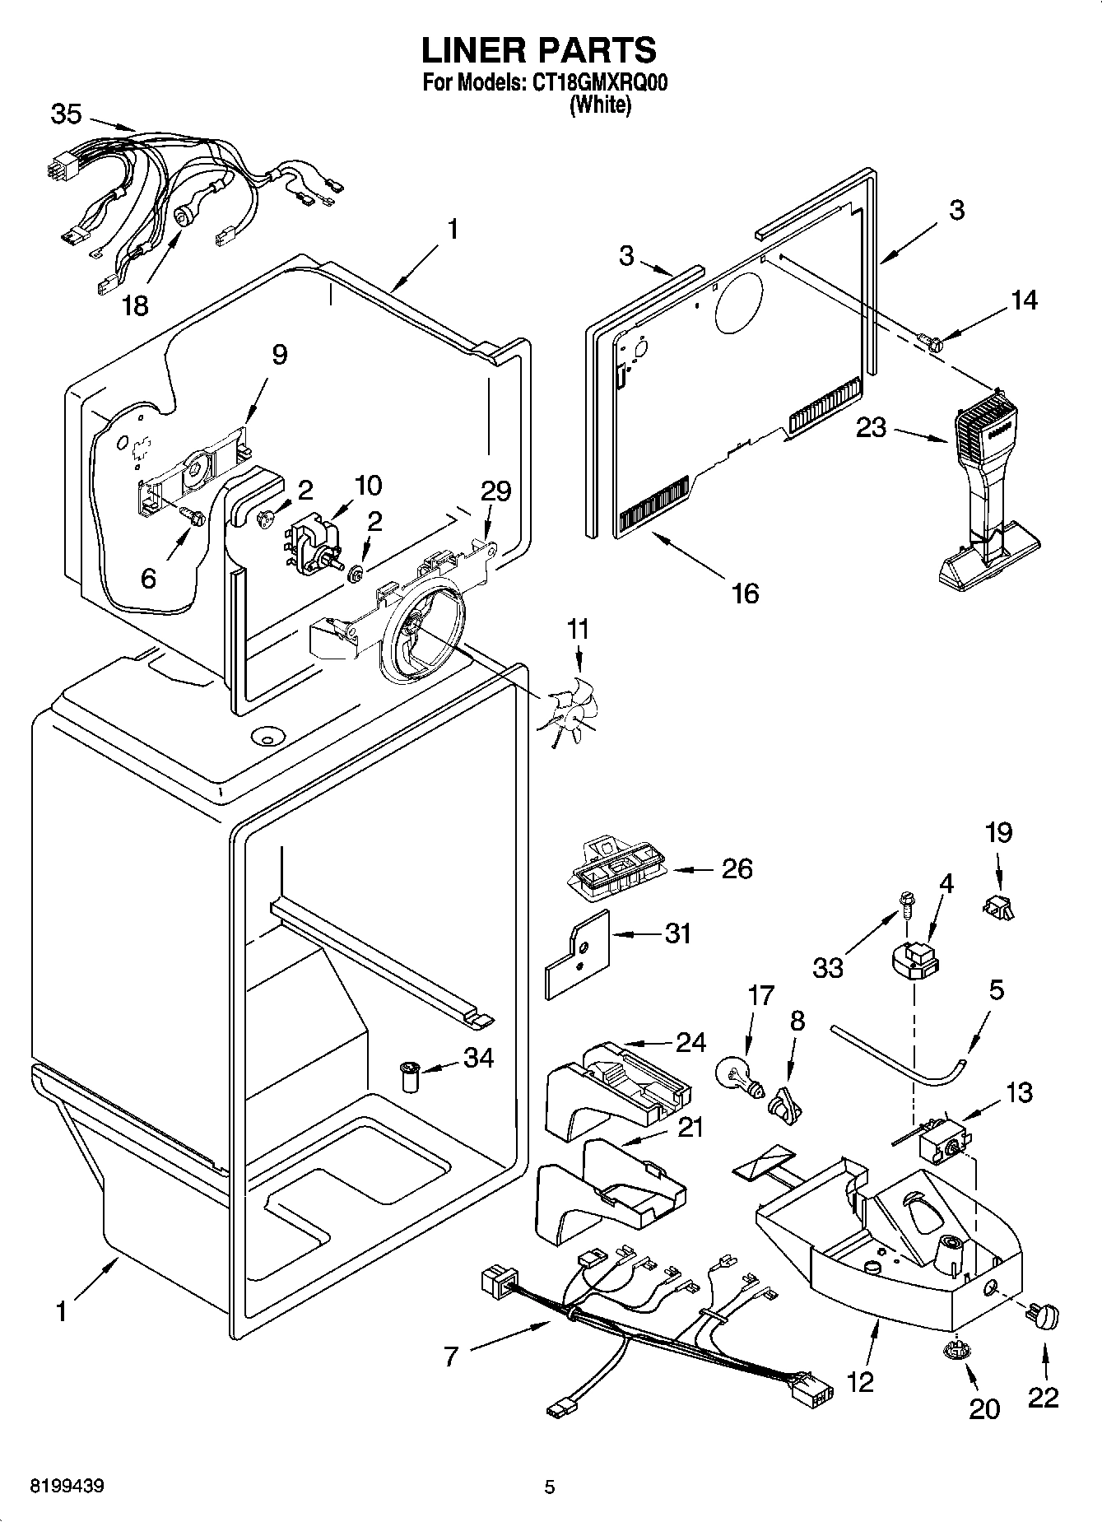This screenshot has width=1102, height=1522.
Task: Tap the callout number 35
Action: click(x=66, y=114)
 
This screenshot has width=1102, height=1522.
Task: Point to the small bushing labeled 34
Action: click(x=409, y=1075)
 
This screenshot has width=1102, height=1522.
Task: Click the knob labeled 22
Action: click(x=1043, y=1318)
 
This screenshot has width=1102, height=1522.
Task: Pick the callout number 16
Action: click(x=745, y=593)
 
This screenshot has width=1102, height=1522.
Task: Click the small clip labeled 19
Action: click(x=997, y=907)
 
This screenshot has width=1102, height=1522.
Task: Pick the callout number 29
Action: click(x=496, y=491)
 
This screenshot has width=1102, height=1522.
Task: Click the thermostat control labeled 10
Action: click(x=316, y=543)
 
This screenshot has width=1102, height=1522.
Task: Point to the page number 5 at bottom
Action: click(x=550, y=1487)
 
